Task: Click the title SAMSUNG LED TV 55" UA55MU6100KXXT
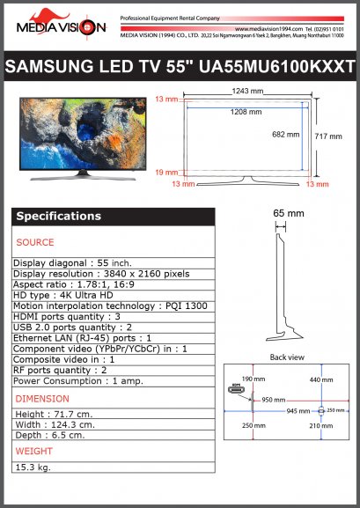pos(180,68)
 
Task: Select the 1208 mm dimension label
pos(246,113)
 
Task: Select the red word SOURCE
pos(35,242)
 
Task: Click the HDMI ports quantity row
pos(67,316)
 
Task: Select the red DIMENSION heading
pos(43,399)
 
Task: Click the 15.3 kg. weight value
pos(33,467)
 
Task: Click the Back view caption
pos(287,357)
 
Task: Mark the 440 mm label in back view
pos(320,379)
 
